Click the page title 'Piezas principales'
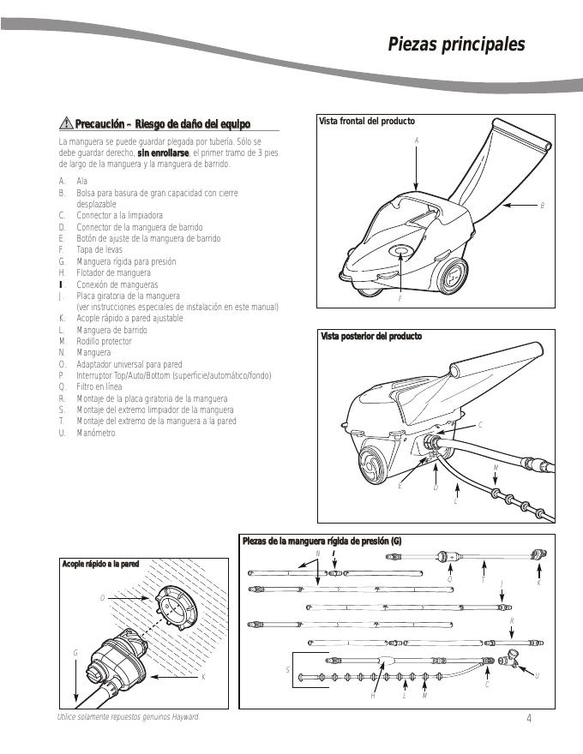[x=456, y=45]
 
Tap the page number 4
[x=529, y=718]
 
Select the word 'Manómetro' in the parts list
[x=96, y=433]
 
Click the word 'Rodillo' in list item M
[x=88, y=341]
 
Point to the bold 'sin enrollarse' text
[x=163, y=152]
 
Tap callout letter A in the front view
[x=416, y=140]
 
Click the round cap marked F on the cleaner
[x=400, y=251]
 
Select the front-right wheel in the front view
[x=452, y=276]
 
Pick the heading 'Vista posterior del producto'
[x=371, y=337]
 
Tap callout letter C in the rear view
[x=480, y=425]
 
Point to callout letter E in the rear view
[x=400, y=487]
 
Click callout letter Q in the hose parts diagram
[x=449, y=578]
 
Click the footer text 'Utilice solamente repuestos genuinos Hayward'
[x=128, y=716]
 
